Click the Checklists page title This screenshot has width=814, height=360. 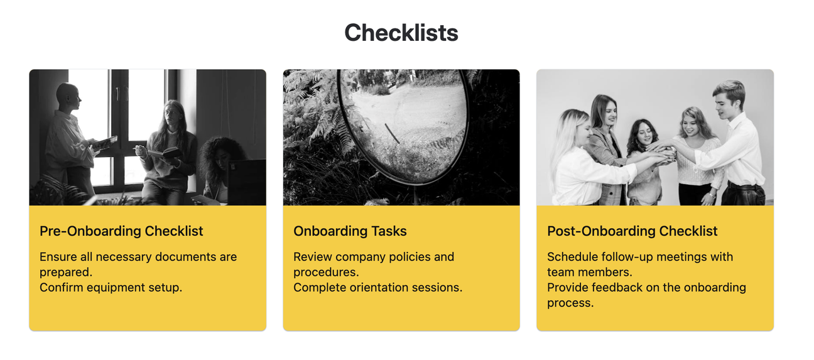coord(401,33)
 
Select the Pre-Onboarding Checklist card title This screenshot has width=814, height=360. coord(121,231)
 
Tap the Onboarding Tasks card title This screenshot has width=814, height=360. coord(350,231)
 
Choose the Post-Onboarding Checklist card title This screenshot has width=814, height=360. coord(632,231)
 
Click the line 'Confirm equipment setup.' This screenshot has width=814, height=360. coord(111,288)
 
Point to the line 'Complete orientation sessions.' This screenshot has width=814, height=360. coord(377,288)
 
